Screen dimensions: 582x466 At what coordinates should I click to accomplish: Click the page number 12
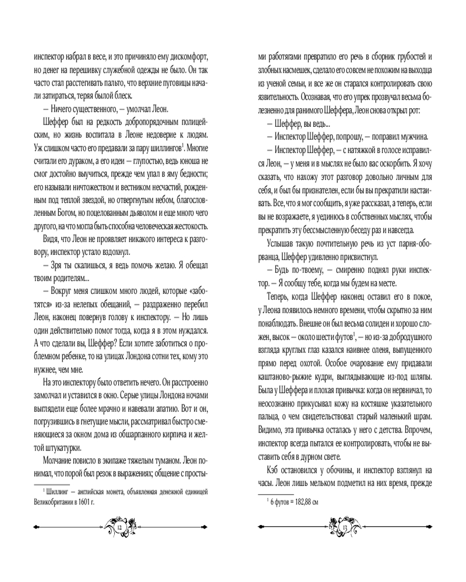pos(120,527)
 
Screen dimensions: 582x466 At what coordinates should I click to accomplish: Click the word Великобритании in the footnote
pos(41,502)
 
